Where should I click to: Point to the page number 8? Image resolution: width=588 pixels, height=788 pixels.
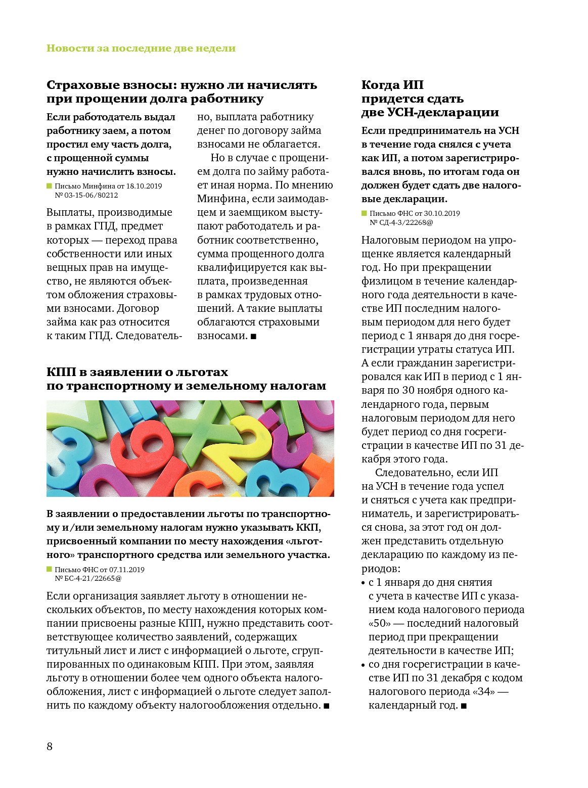coord(50,747)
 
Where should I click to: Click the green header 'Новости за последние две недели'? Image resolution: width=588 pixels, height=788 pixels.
coord(141,48)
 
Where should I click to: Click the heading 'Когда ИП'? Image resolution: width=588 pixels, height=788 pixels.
coord(392,85)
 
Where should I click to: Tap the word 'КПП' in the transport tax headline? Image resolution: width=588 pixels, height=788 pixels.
coord(61,373)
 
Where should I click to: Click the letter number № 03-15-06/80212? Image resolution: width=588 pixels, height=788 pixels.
coord(86,195)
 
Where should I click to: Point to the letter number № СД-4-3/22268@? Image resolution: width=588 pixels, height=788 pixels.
coord(401,222)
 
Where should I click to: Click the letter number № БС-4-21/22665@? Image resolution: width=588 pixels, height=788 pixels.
coord(88,578)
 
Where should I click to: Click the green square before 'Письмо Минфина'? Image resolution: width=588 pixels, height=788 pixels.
coord(50,186)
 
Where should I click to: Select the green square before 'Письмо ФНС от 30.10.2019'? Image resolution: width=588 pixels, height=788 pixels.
coord(365,213)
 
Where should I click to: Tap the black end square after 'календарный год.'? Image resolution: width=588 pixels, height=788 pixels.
coord(464,706)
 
